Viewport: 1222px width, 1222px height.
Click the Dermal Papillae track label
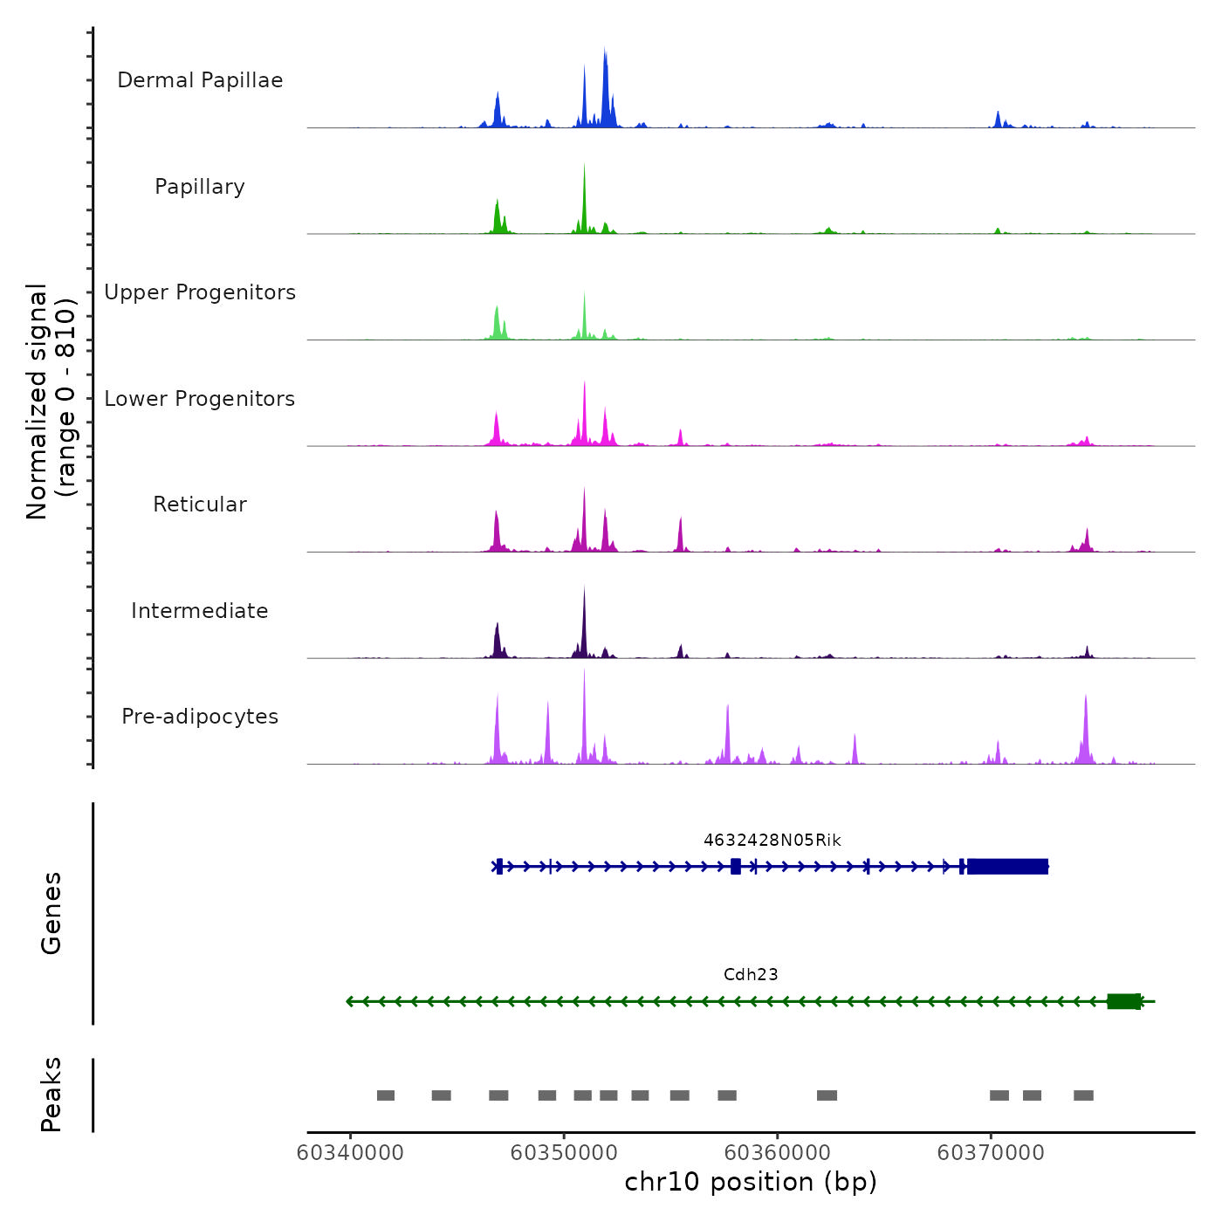(200, 80)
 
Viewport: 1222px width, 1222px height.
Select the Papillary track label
(200, 187)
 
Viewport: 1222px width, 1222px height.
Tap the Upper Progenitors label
(200, 292)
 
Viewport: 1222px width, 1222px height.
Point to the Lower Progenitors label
(200, 399)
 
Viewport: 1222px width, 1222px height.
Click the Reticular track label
(200, 505)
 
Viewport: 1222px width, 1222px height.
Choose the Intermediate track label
(200, 611)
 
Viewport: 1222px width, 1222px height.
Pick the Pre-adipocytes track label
(200, 717)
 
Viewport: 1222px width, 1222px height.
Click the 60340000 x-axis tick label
(350, 1153)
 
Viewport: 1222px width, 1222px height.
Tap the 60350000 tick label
(564, 1153)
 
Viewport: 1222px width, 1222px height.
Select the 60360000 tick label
(777, 1153)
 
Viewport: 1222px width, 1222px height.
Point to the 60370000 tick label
(991, 1153)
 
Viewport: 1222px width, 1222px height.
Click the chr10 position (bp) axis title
(751, 1183)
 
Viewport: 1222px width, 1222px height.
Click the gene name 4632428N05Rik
(772, 841)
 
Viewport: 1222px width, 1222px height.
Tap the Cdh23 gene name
(751, 975)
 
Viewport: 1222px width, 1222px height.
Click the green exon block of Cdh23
(1123, 1001)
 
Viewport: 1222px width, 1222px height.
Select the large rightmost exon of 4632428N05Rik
(1007, 867)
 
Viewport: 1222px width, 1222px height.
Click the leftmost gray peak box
(386, 1095)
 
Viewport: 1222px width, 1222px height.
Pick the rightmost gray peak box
(1083, 1095)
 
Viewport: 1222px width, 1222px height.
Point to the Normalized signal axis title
(51, 401)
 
